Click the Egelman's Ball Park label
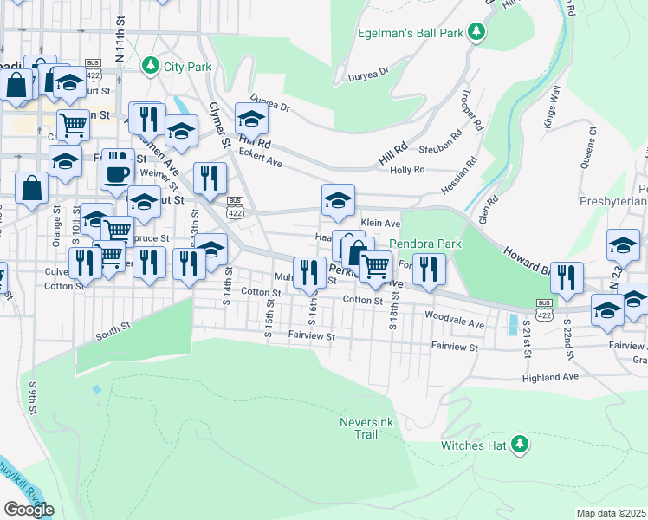coord(411,34)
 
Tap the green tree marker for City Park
coord(151,66)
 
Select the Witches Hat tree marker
coord(520,445)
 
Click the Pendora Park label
coord(424,244)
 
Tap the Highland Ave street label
coord(549,378)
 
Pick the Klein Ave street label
coord(380,223)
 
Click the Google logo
coord(29,509)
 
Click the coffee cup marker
coord(115,172)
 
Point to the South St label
coord(112,327)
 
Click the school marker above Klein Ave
coord(337,200)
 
